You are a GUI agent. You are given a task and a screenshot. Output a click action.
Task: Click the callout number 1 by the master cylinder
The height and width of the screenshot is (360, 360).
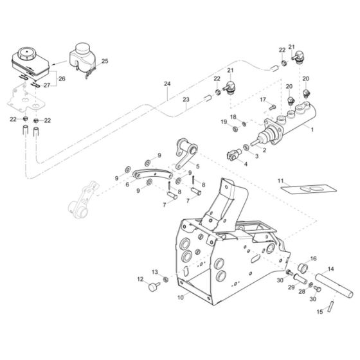(312, 130)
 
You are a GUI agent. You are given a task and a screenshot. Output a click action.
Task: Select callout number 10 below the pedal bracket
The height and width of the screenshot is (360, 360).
(181, 298)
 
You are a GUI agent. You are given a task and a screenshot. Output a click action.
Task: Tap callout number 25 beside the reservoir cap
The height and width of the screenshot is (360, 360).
(105, 61)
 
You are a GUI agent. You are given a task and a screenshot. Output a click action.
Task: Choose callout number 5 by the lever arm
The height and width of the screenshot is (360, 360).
(197, 166)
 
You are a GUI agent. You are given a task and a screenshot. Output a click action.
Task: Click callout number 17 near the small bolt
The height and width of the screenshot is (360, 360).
(262, 100)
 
